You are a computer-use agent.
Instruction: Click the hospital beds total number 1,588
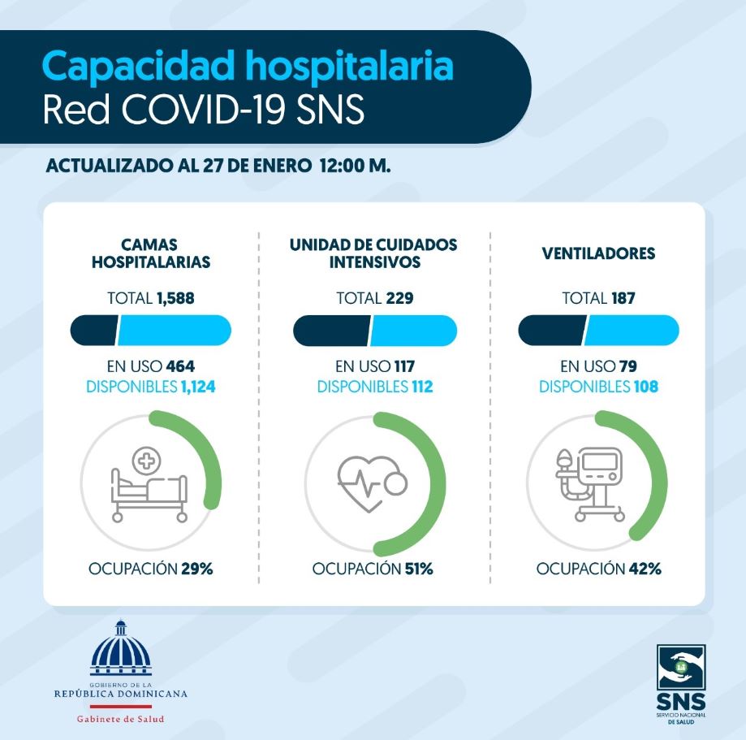pos(175,299)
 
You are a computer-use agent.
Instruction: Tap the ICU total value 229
pos(399,299)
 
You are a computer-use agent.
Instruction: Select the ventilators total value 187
pos(623,299)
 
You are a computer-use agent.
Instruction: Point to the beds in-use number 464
pos(180,366)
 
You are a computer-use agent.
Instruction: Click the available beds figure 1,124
pos(198,387)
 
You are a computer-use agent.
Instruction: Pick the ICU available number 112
pos(422,387)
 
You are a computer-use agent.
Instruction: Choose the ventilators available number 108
pos(645,387)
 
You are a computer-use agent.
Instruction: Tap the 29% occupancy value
pos(197,569)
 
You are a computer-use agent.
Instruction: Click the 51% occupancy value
pos(419,569)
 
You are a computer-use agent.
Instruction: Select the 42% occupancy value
pos(645,569)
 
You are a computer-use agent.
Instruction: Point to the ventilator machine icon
pos(590,484)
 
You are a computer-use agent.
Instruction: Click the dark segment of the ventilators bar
pos(552,330)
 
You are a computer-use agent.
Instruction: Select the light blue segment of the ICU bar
pos(413,330)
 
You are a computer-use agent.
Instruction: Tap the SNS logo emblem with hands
pos(681,667)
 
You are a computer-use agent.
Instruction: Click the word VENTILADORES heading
pos(598,253)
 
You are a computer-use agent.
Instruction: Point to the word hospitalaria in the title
pos(349,66)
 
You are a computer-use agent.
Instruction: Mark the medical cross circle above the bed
pos(147,461)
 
